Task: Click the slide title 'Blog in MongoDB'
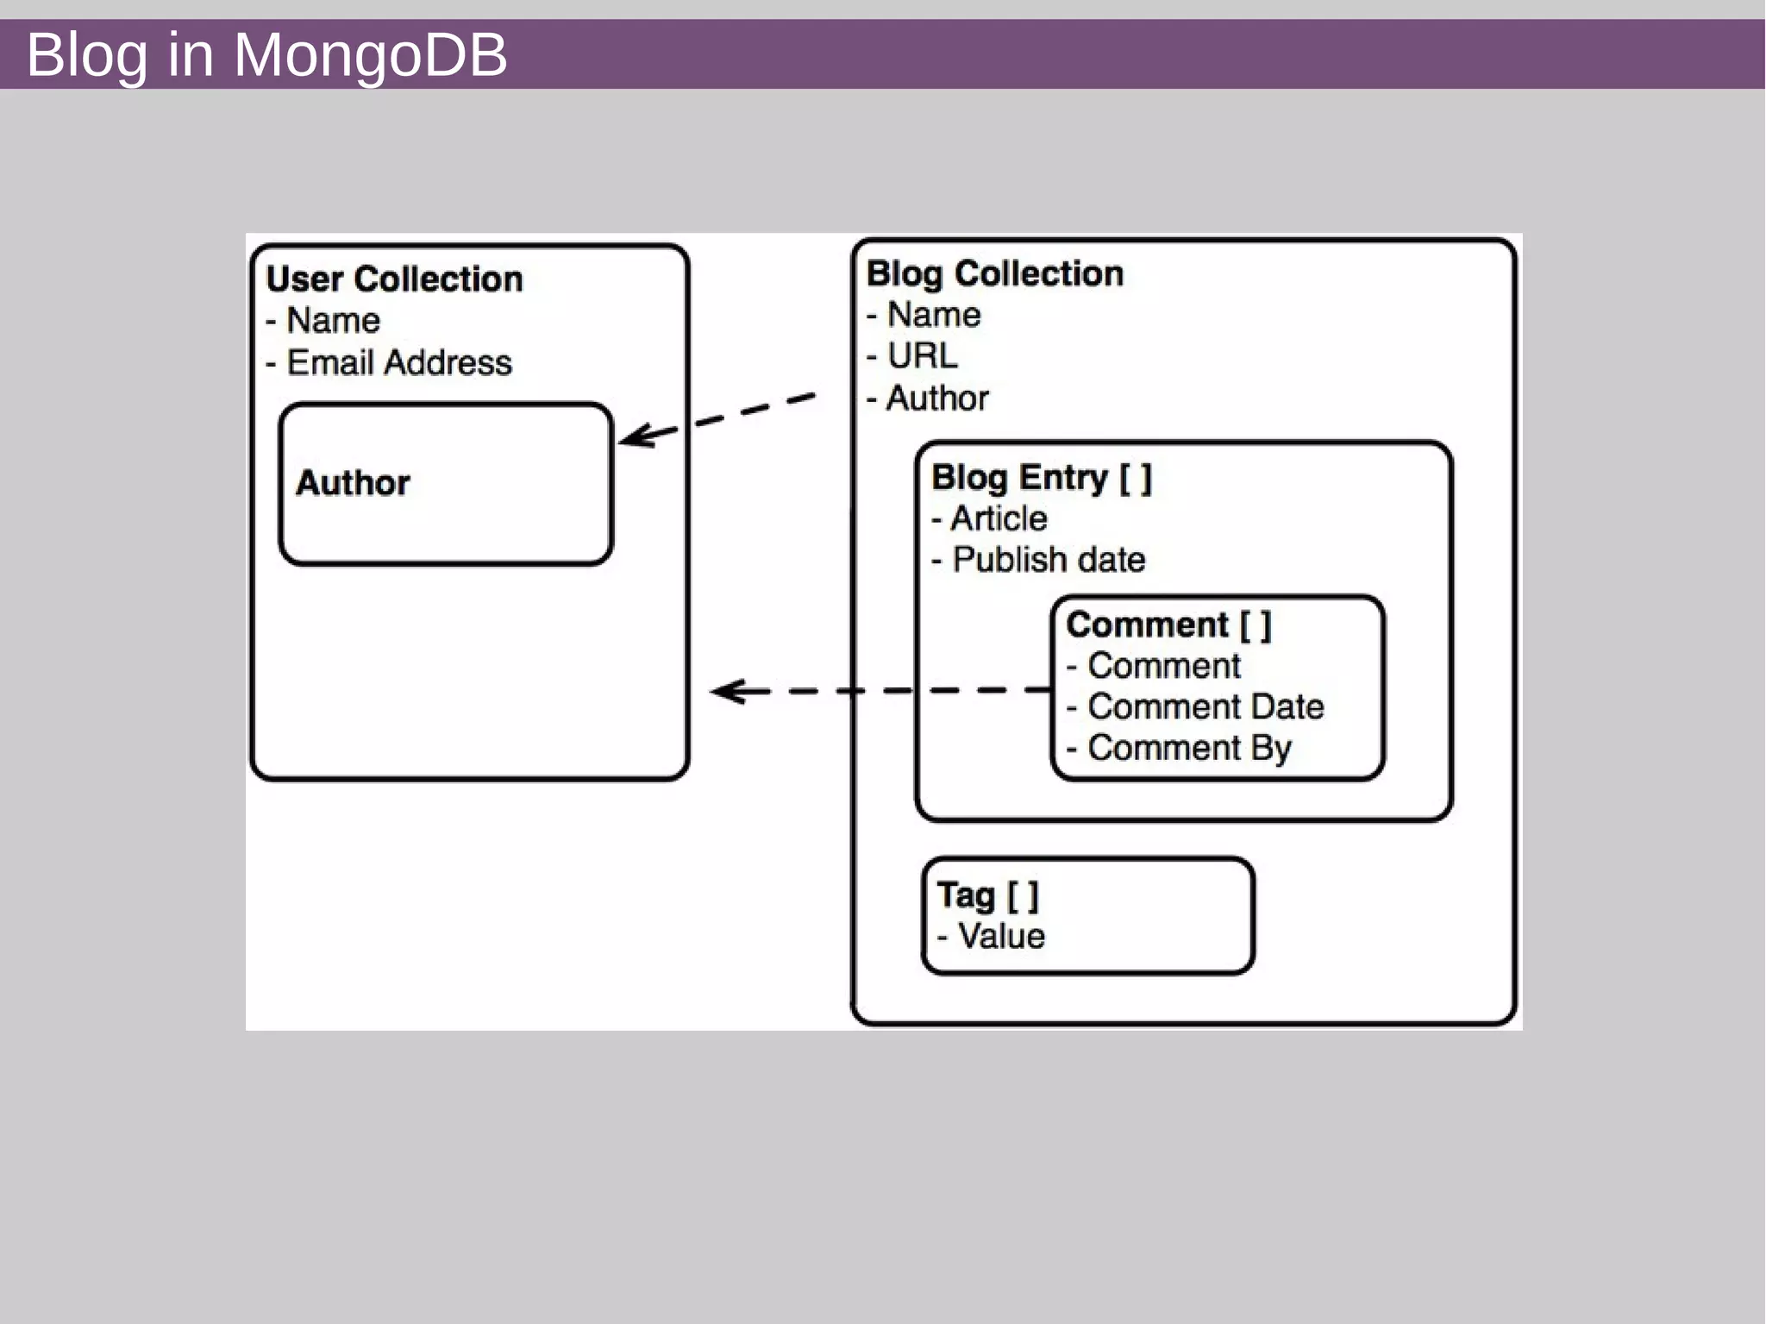click(266, 54)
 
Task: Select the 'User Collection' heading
click(394, 279)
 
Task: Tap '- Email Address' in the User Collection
click(389, 362)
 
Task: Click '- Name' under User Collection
click(323, 321)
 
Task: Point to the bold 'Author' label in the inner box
click(353, 483)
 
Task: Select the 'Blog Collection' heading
click(994, 273)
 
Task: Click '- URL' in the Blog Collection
click(912, 356)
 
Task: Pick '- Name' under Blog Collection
click(924, 315)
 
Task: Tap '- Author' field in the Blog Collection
click(928, 398)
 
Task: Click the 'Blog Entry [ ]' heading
click(1041, 477)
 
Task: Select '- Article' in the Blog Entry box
click(990, 518)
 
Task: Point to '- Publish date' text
click(1039, 560)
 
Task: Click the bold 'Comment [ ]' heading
click(1168, 624)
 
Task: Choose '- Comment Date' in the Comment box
click(1196, 707)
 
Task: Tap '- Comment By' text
click(1180, 748)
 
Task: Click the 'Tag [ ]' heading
click(988, 895)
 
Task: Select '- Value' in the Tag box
click(992, 937)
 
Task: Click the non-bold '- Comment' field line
click(1154, 666)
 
